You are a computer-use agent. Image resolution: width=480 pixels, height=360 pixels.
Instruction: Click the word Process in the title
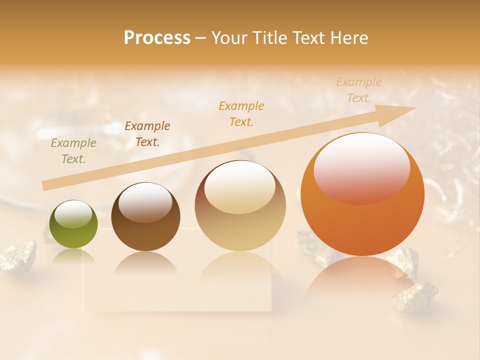pyautogui.click(x=157, y=38)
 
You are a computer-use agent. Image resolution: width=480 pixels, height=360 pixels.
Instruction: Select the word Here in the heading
pyautogui.click(x=348, y=38)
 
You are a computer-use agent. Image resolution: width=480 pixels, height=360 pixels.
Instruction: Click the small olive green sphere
pyautogui.click(x=73, y=224)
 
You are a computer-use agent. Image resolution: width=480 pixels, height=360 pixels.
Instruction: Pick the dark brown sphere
pyautogui.click(x=145, y=217)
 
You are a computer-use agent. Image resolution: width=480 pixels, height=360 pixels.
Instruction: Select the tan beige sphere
pyautogui.click(x=240, y=206)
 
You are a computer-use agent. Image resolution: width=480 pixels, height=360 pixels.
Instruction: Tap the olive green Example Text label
pyautogui.click(x=73, y=151)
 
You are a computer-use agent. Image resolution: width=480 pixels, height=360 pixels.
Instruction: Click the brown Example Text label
pyautogui.click(x=147, y=134)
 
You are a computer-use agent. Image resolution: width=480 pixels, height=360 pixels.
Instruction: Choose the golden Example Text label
pyautogui.click(x=241, y=113)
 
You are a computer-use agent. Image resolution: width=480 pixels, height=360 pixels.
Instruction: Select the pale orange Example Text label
pyautogui.click(x=359, y=90)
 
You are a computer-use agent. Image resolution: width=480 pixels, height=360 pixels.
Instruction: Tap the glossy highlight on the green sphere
pyautogui.click(x=74, y=214)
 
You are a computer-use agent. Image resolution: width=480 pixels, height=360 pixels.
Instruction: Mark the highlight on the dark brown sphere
pyautogui.click(x=145, y=201)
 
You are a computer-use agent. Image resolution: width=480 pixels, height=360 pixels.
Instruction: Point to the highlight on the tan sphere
pyautogui.click(x=240, y=186)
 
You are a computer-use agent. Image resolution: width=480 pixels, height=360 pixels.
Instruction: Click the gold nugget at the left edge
pyautogui.click(x=17, y=256)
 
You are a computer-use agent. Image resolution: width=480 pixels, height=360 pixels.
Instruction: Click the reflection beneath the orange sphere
pyautogui.click(x=361, y=277)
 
